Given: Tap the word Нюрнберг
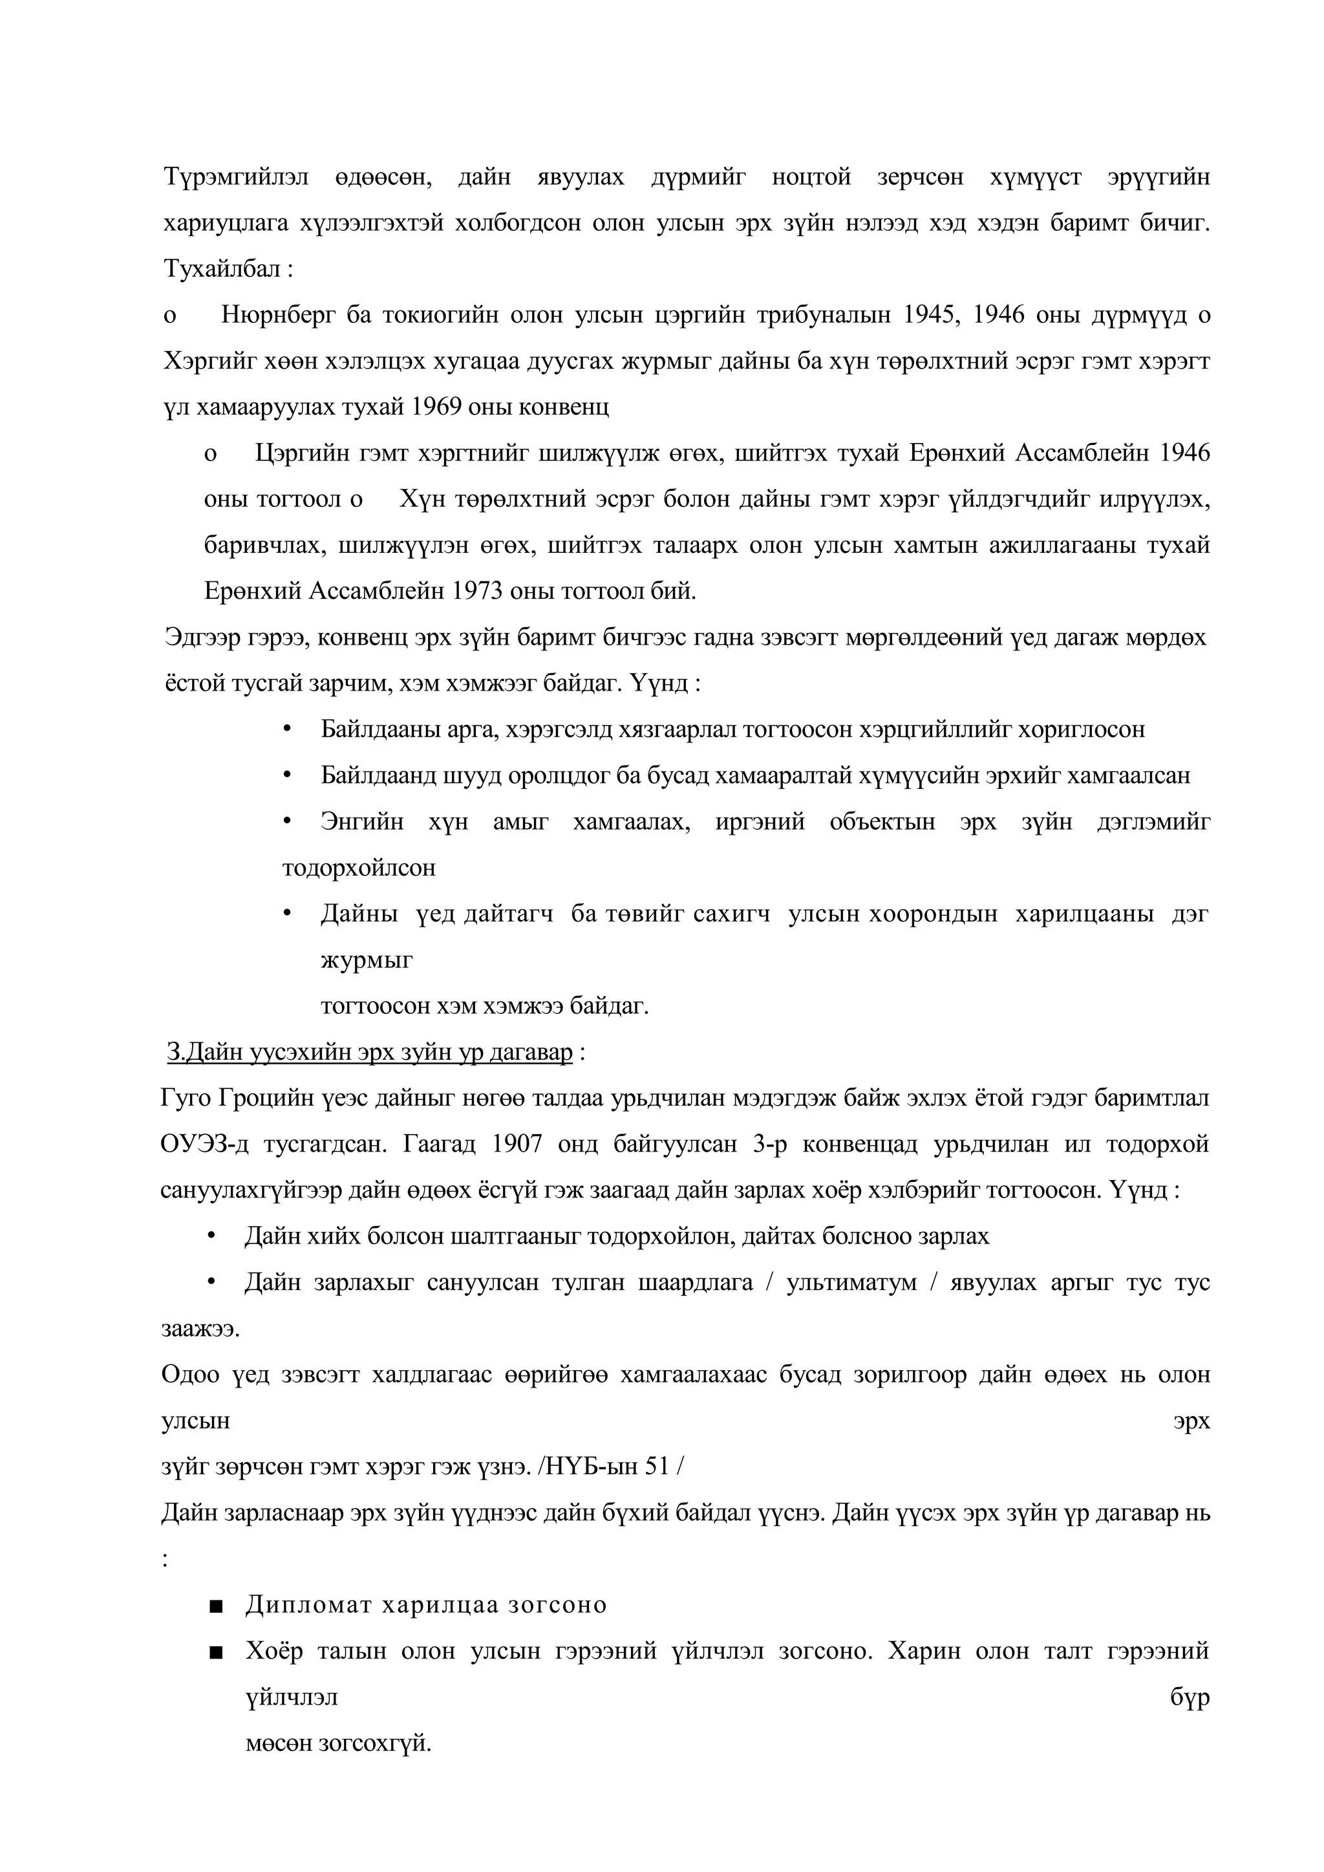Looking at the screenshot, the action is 278,316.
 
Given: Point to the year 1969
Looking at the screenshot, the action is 436,407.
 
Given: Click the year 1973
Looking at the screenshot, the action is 477,591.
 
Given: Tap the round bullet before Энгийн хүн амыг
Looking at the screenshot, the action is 287,821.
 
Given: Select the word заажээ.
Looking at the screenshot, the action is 200,1329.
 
